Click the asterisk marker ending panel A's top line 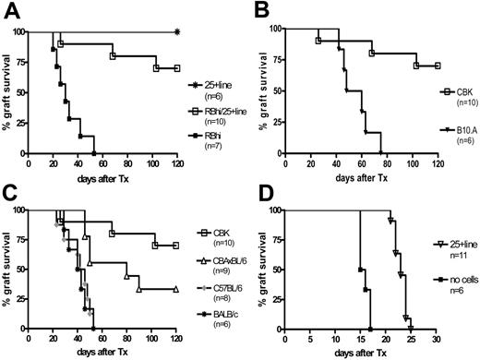(176, 32)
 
